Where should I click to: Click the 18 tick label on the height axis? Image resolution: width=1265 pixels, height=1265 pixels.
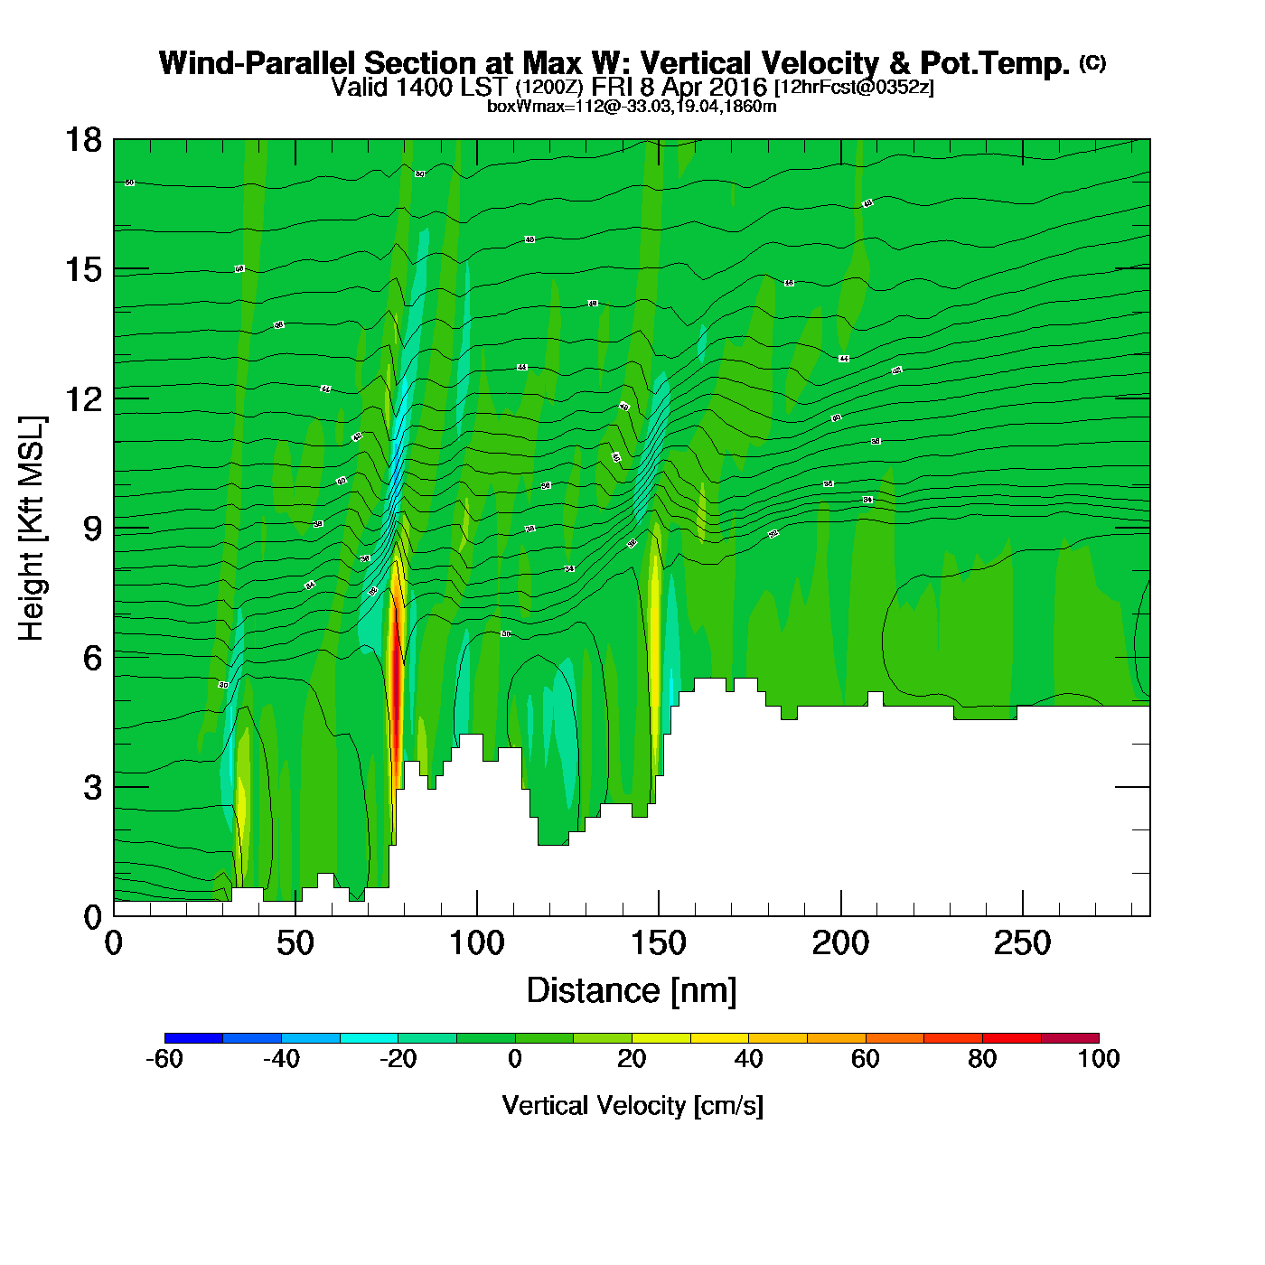pyautogui.click(x=83, y=140)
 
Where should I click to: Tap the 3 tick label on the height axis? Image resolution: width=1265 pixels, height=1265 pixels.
pyautogui.click(x=92, y=788)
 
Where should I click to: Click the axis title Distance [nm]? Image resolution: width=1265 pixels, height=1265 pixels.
pyautogui.click(x=631, y=991)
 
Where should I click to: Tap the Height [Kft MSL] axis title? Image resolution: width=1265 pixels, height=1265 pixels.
pyautogui.click(x=32, y=529)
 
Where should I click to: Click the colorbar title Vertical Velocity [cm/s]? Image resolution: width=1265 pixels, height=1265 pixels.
pyautogui.click(x=632, y=1106)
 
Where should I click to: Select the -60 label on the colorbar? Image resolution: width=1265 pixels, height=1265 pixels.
pyautogui.click(x=164, y=1059)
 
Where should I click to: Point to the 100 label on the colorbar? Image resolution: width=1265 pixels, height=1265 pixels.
pyautogui.click(x=1099, y=1059)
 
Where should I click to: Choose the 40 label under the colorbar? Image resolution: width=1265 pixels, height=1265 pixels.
pyautogui.click(x=748, y=1059)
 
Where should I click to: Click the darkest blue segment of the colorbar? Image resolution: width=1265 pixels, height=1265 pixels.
pyautogui.click(x=193, y=1038)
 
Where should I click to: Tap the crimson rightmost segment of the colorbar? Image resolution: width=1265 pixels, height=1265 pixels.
pyautogui.click(x=1070, y=1038)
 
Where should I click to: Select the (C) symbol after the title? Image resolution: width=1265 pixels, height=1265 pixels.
pyautogui.click(x=1092, y=62)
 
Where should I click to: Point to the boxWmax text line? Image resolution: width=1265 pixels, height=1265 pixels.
pyautogui.click(x=632, y=107)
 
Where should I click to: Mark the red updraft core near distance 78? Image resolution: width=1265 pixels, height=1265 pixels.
pyautogui.click(x=396, y=696)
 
